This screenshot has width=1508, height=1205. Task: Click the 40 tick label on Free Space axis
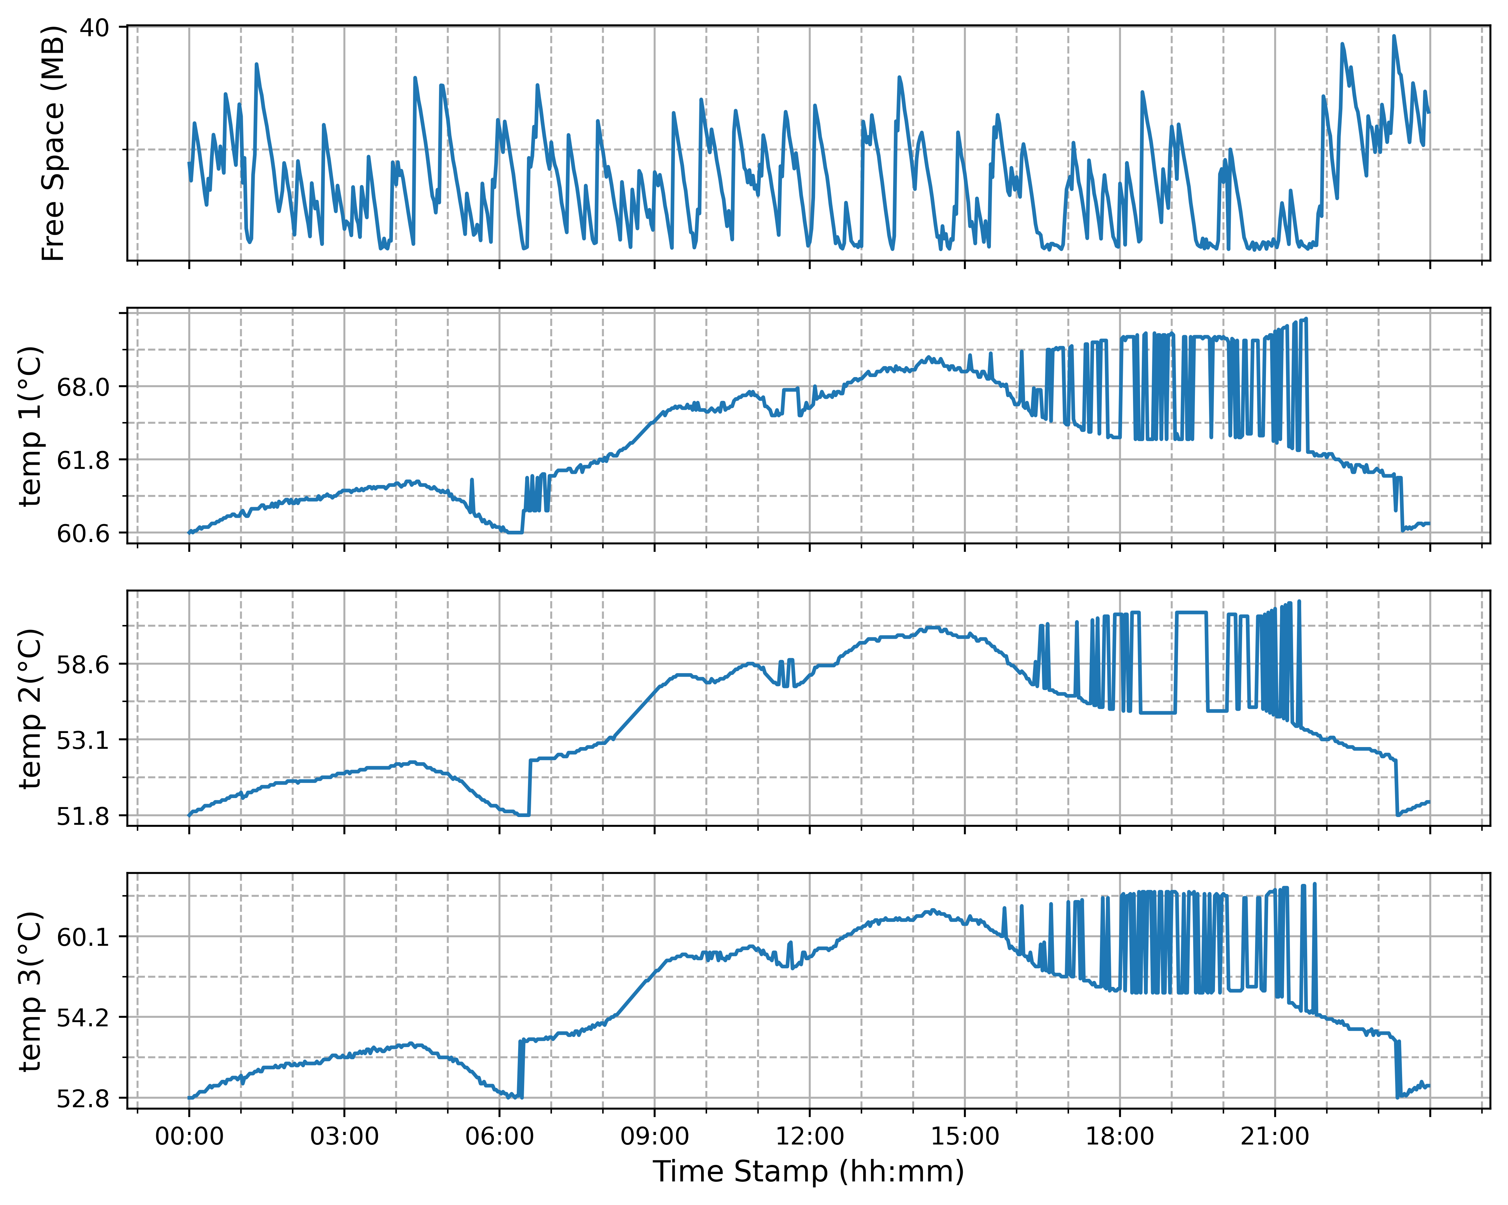coord(94,28)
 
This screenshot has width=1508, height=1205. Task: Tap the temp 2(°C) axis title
coord(31,708)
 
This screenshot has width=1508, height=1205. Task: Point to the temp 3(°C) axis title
coord(31,991)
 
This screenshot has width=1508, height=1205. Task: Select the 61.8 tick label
coord(83,460)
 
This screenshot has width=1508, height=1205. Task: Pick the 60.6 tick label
coord(83,534)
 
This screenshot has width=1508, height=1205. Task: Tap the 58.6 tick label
coord(83,664)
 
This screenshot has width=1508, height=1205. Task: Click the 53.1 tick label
coord(83,740)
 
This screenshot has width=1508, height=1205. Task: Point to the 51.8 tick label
coord(83,816)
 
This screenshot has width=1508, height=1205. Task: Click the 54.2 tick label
coord(83,1018)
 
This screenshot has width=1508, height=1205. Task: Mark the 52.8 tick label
coord(83,1099)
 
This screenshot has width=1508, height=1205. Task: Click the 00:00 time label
coord(189,1136)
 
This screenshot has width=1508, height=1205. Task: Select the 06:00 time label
coord(500,1136)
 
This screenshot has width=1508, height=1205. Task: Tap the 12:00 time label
coord(810,1136)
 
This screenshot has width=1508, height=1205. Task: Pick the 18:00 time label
coord(1120,1136)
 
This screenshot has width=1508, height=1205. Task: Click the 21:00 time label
coord(1275,1136)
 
